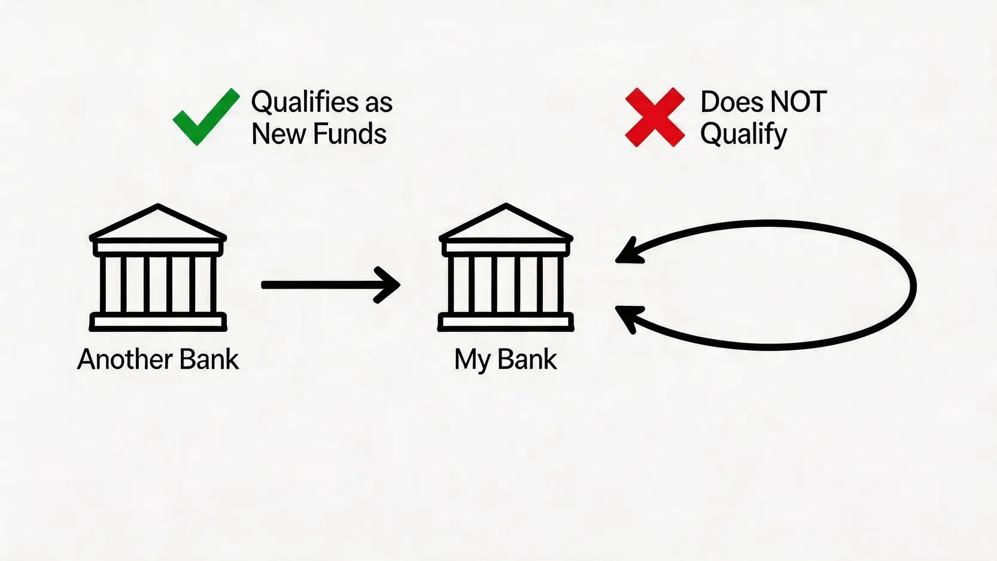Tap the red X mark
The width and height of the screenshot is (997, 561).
coord(655,117)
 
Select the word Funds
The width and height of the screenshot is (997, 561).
coord(349,134)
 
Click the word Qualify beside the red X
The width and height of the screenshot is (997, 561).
coord(743,135)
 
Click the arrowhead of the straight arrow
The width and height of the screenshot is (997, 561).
coord(388,285)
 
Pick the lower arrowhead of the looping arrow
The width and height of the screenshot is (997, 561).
coord(630,319)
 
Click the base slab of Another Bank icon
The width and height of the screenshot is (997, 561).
coord(158,322)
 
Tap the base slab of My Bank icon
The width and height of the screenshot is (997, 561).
coord(506,322)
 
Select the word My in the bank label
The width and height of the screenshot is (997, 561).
coord(473,360)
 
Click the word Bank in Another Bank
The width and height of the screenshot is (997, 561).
coord(209,359)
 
